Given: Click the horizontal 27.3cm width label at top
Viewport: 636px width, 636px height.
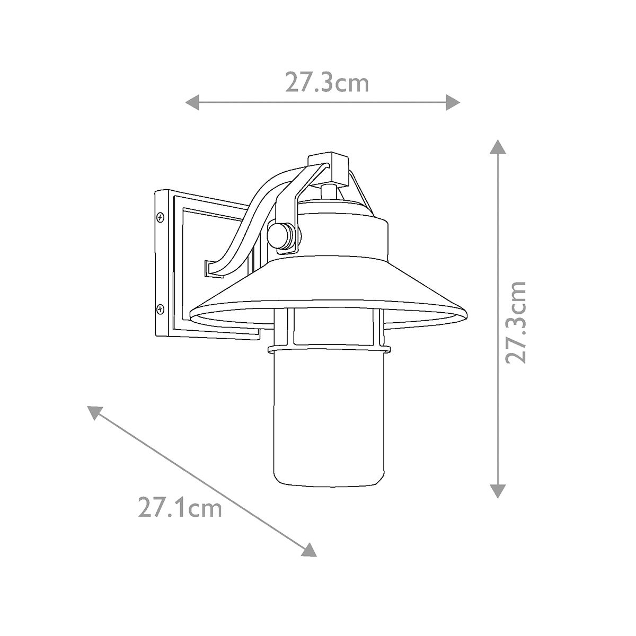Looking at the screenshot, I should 326,83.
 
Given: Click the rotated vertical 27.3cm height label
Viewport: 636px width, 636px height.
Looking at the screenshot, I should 516,322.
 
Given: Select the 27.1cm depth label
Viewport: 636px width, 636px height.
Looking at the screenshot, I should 179,508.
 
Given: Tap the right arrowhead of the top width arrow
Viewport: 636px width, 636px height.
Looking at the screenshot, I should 453,102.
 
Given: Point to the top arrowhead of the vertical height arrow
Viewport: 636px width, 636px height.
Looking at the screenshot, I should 497,147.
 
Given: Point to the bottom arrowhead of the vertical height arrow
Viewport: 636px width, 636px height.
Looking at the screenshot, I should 497,491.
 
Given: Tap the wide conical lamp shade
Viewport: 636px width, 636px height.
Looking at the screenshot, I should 329,289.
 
